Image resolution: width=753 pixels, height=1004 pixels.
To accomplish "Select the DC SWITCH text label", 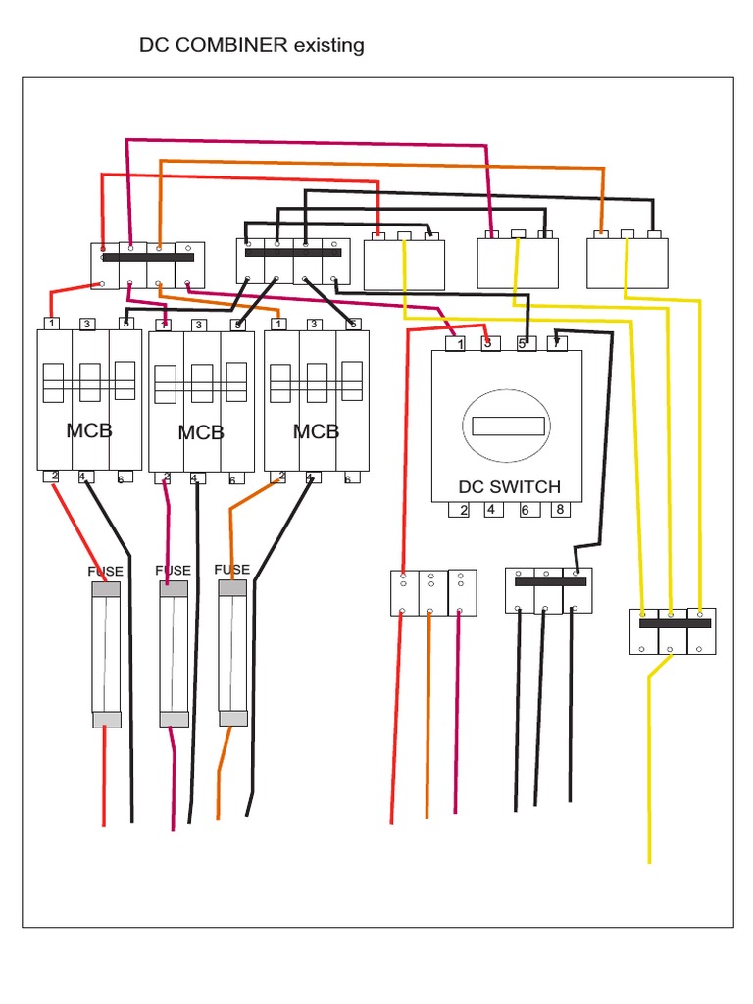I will pos(509,487).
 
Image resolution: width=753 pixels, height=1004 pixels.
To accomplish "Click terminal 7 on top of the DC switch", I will pos(556,343).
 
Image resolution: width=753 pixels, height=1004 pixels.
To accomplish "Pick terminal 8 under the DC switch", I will pos(559,510).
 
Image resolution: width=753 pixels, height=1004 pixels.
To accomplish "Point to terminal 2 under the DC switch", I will pos(461,510).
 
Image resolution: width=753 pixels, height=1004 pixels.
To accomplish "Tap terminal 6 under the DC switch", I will pos(526,510).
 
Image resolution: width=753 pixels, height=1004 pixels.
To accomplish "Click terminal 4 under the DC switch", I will pos(493,510).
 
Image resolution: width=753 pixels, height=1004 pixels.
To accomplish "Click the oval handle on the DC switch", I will pos(509,426).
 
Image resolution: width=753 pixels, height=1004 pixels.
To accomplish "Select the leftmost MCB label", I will pos(89,429).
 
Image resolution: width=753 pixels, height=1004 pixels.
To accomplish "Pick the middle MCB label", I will pos(201,432).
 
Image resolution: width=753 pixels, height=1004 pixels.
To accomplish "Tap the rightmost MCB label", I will pos(316,430).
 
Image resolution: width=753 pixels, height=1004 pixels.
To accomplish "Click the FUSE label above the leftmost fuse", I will pos(106,570).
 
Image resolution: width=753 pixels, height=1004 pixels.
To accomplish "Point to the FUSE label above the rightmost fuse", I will pos(232,570).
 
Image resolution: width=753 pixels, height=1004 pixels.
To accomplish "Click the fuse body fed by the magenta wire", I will pos(175,654).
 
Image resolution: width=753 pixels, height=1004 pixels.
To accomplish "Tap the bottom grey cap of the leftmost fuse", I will pos(106,720).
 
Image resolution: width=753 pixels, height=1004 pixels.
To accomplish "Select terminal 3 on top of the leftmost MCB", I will pos(86,324).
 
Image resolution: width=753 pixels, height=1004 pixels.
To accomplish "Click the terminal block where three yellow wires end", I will pos(671,631).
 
